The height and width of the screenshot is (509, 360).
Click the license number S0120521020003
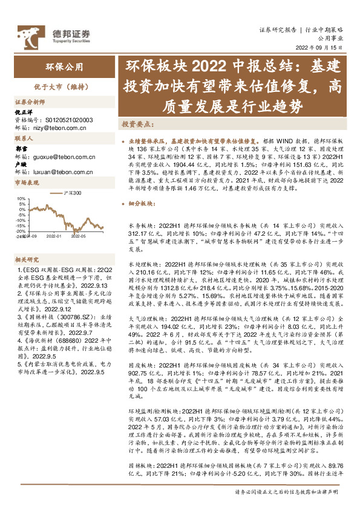coord(67,120)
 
